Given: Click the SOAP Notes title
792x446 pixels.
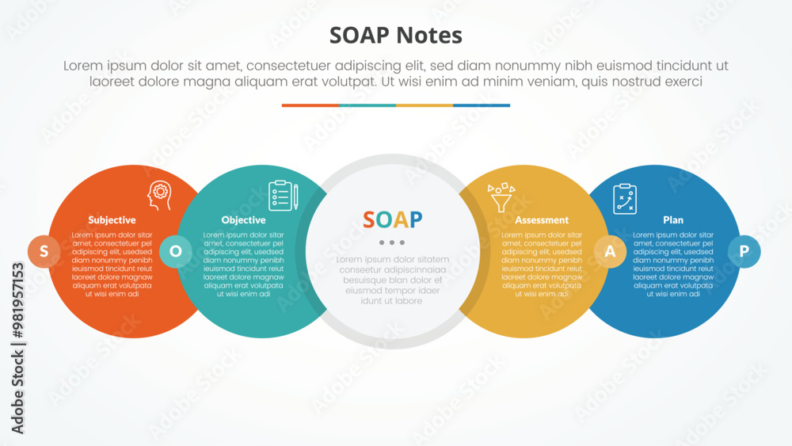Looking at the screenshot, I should tap(395, 36).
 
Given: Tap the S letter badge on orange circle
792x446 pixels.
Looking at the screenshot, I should tap(44, 251).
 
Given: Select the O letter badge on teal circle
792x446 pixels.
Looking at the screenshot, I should tap(176, 251).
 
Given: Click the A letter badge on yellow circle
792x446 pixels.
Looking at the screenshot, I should tap(610, 251).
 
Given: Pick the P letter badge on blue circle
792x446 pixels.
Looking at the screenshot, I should tap(744, 251).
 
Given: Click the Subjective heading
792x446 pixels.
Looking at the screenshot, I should tap(112, 220).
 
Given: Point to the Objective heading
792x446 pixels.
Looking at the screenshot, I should tap(243, 220).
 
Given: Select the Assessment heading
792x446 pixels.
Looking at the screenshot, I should tap(542, 220).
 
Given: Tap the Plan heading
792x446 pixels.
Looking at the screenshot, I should tap(673, 220).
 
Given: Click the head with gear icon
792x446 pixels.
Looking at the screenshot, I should tap(160, 196).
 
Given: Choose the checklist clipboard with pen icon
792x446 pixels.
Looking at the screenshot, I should tap(283, 196).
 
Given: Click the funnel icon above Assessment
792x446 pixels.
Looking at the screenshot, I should tap(501, 196).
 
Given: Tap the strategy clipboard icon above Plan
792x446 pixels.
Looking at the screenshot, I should tap(625, 199).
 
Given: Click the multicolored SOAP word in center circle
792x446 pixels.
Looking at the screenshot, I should tap(393, 219).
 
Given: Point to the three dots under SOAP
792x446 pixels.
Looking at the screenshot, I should tap(392, 242).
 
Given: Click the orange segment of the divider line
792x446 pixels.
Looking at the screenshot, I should tap(310, 105).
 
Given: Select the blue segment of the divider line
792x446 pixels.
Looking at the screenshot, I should tap(482, 105).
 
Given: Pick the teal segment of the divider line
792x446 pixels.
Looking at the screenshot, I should tap(367, 105).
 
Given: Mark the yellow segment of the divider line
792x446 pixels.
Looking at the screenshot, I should tap(425, 105).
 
